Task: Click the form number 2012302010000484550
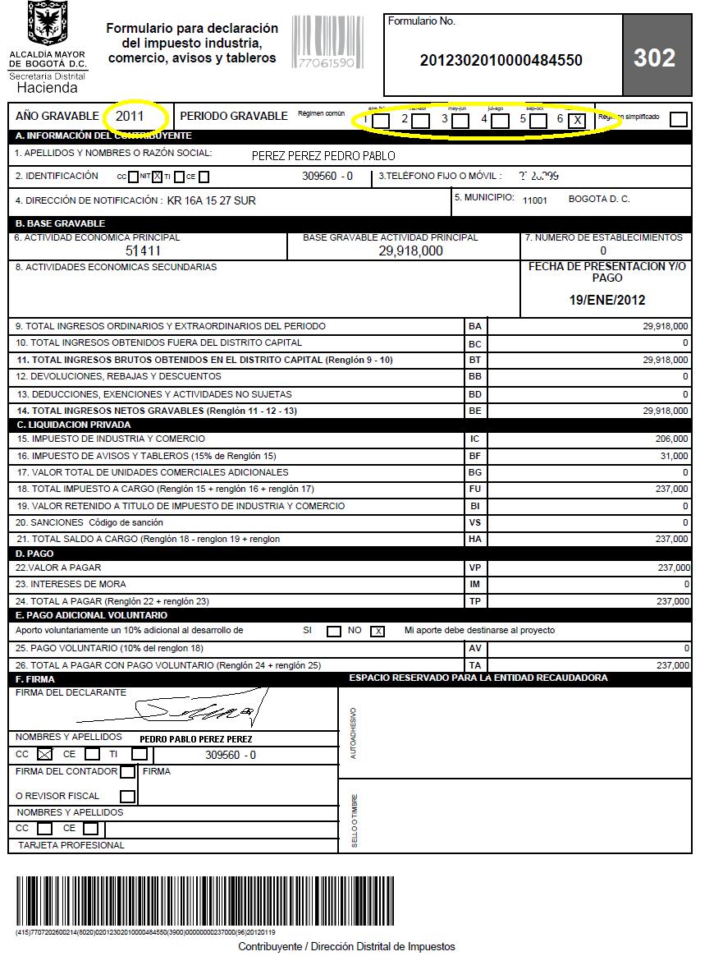(501, 60)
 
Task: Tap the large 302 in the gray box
(654, 58)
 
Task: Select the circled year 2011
(130, 117)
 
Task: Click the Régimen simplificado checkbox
(678, 120)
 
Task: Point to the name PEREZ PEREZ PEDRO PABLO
(323, 156)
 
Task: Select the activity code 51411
(143, 251)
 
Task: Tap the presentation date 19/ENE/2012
(606, 301)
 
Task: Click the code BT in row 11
(475, 360)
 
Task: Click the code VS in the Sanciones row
(475, 522)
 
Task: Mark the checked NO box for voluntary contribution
(378, 632)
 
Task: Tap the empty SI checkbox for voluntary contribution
(334, 632)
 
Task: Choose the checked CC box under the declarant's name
(44, 754)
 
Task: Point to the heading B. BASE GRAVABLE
(61, 223)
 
